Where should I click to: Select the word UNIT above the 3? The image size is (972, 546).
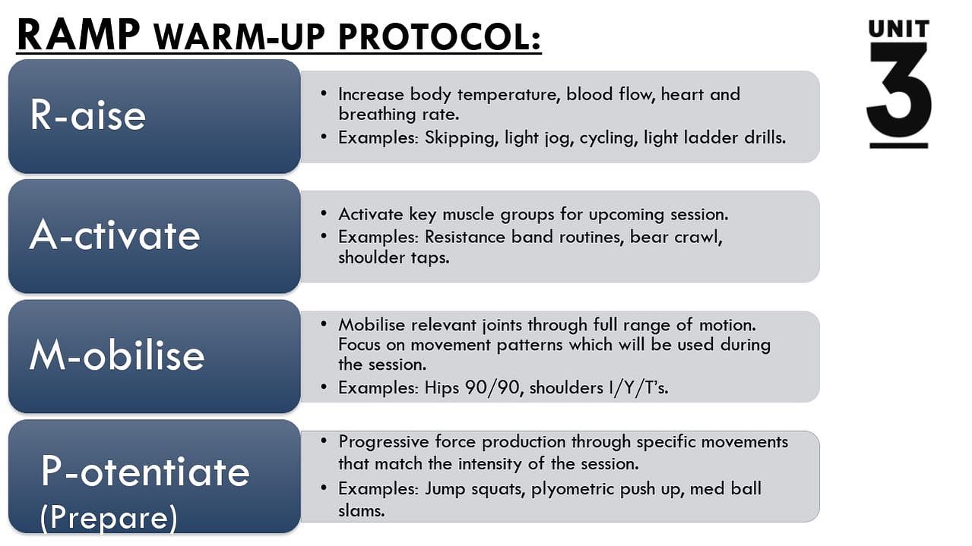pyautogui.click(x=899, y=28)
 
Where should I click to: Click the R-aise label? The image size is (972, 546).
pyautogui.click(x=87, y=115)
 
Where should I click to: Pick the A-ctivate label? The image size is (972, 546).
pyautogui.click(x=115, y=235)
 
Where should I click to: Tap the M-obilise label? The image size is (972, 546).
pyautogui.click(x=117, y=355)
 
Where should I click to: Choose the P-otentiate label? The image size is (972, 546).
pyautogui.click(x=145, y=472)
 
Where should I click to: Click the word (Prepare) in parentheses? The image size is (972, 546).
pyautogui.click(x=109, y=518)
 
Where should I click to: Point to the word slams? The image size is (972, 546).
pyautogui.click(x=362, y=510)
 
